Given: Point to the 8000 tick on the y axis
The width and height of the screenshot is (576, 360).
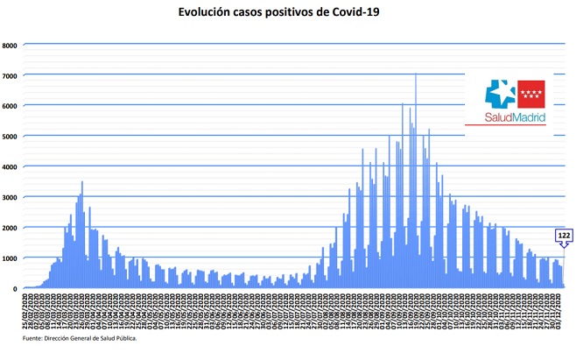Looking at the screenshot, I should [10, 46].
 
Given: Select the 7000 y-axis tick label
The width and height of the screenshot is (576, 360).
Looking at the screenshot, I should [10, 76].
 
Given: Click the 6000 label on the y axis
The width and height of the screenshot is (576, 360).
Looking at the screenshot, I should [10, 106].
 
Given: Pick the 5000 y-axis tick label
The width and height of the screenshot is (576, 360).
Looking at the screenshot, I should [10, 137].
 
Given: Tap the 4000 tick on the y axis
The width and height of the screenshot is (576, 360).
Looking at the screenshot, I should [10, 167].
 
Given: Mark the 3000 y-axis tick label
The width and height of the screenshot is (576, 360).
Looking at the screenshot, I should [10, 197].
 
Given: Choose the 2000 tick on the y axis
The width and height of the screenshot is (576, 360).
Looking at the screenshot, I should [10, 228].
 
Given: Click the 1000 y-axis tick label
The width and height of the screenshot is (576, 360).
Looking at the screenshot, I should [10, 258].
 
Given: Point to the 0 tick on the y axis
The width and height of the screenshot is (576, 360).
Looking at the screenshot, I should [15, 288].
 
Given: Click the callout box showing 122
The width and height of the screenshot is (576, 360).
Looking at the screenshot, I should [564, 236].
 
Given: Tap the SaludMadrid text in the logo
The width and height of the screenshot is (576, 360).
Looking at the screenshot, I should [516, 116].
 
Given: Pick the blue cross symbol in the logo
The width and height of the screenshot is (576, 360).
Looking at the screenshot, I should [500, 93].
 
